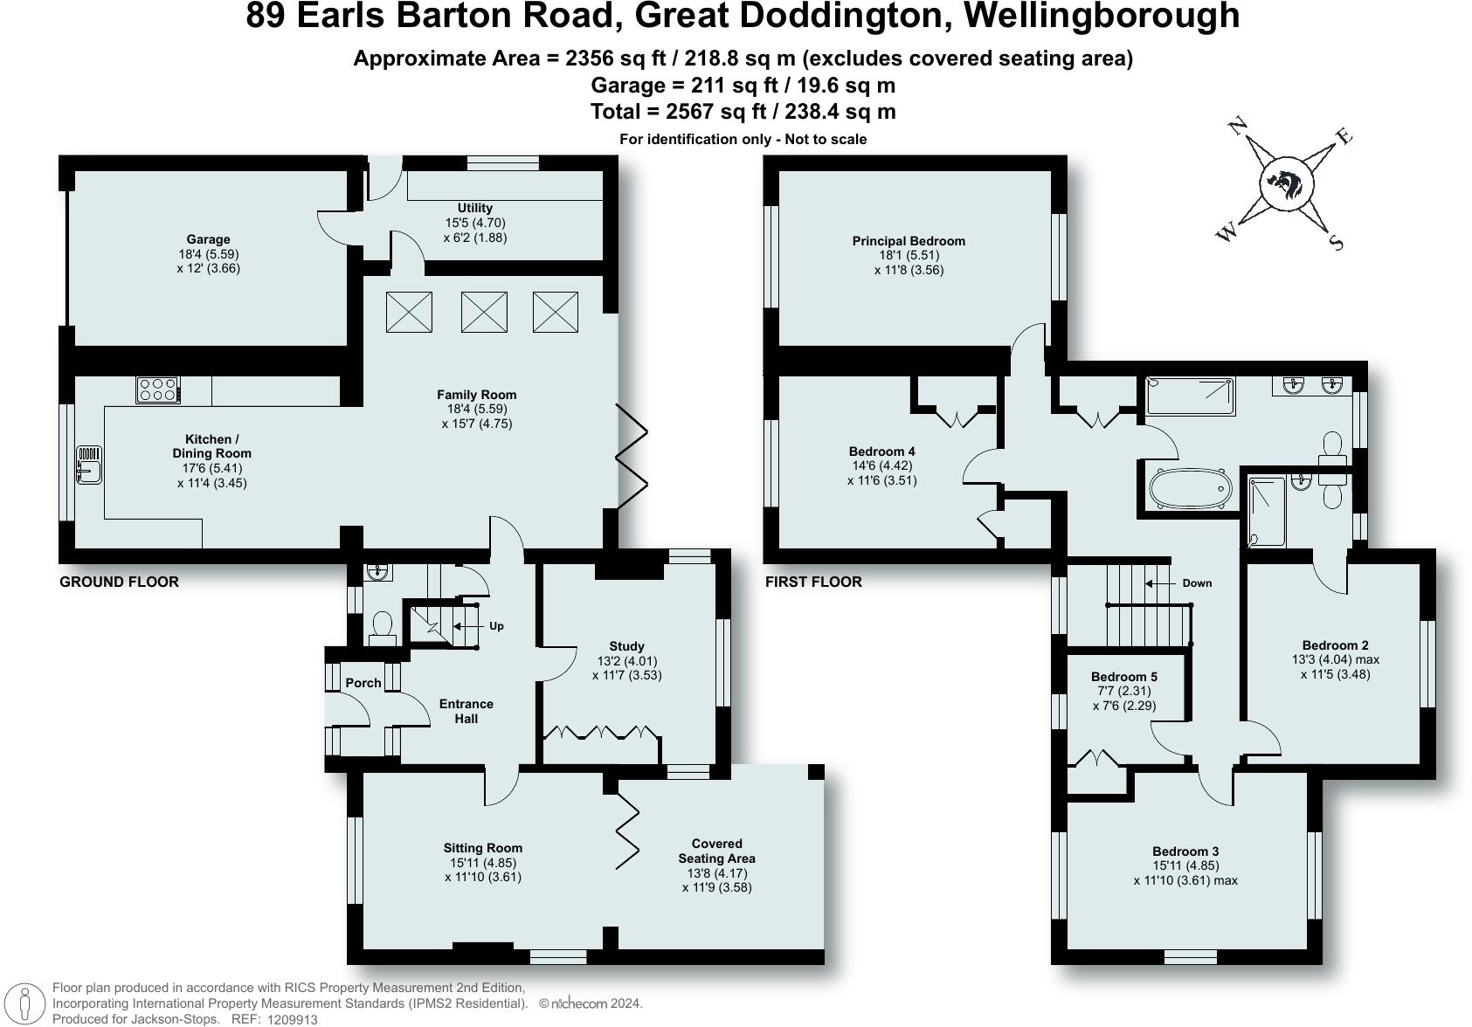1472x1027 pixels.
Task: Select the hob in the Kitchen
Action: pos(158,389)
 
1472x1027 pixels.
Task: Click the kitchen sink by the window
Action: pos(89,465)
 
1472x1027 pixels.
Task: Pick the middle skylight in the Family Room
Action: pos(484,312)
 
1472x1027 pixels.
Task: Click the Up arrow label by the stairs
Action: pos(496,626)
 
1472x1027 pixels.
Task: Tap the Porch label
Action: pos(363,683)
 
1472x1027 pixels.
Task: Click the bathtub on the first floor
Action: pos(1190,489)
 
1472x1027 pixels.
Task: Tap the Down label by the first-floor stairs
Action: pos(1197,583)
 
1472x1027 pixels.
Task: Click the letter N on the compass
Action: pos(1237,126)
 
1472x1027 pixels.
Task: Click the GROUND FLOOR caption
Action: pos(119,582)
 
